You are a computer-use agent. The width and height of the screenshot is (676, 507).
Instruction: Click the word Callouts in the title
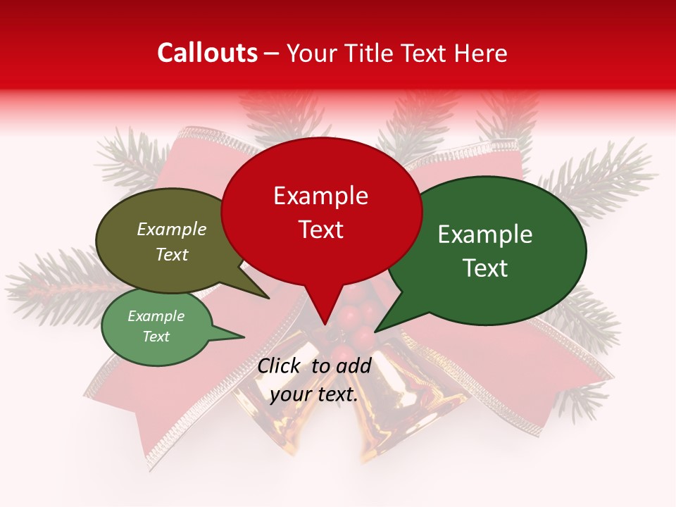coord(208,53)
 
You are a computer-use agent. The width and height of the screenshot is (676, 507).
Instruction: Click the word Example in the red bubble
coord(320,196)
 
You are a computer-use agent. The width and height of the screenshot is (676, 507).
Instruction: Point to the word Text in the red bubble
coord(320,230)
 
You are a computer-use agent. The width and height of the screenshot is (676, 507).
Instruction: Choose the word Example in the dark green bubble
coord(485,234)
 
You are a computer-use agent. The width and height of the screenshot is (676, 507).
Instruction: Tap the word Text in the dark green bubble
coord(485,268)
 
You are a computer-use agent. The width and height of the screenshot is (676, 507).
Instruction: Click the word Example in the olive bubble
coord(172,230)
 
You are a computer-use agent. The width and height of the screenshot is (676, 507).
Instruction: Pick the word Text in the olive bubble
coord(172,254)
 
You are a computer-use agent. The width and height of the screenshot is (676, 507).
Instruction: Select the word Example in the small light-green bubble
coord(156,316)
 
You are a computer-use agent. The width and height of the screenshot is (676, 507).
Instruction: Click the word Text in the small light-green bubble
coord(156,337)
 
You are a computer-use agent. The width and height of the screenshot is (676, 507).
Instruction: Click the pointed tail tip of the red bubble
coord(325,325)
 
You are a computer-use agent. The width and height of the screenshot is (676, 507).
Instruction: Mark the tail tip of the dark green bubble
coord(375,331)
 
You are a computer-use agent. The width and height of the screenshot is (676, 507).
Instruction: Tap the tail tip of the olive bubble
coord(268,298)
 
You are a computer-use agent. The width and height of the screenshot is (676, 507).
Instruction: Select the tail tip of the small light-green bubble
coord(244,337)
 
